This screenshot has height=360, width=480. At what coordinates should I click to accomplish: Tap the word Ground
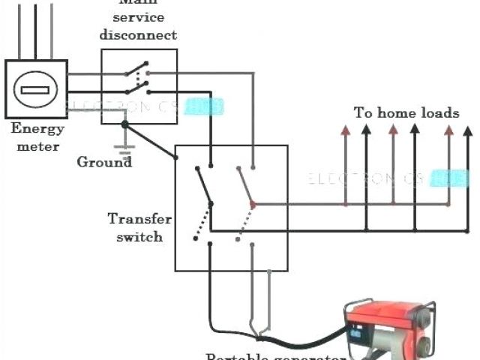click(x=104, y=161)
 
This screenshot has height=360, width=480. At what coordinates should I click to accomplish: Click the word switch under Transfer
click(x=139, y=236)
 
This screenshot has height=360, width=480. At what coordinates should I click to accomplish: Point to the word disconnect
click(x=139, y=34)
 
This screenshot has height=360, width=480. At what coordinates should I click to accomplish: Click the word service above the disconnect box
click(x=139, y=17)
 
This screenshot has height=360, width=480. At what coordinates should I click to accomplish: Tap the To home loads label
click(x=406, y=113)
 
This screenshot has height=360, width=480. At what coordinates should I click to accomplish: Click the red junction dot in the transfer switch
click(x=253, y=203)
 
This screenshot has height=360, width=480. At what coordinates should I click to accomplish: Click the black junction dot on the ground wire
click(x=125, y=124)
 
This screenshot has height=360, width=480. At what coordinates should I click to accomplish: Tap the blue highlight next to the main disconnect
click(x=204, y=107)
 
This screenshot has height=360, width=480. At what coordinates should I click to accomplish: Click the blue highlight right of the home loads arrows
click(x=454, y=178)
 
